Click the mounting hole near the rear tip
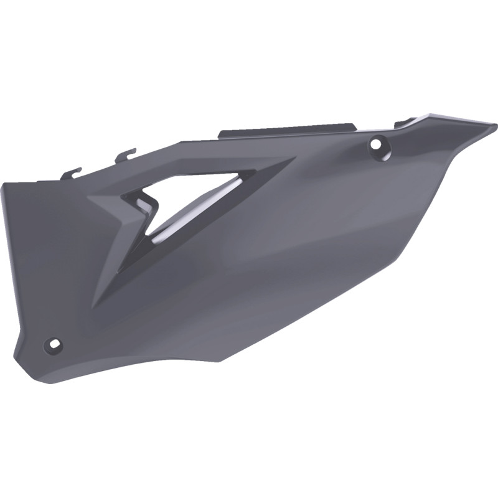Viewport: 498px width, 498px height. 375,144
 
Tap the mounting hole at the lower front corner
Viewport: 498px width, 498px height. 53,344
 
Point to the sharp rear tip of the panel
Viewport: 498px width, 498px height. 495,127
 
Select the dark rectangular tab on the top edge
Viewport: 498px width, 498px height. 287,128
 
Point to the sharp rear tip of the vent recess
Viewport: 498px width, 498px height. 293,159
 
